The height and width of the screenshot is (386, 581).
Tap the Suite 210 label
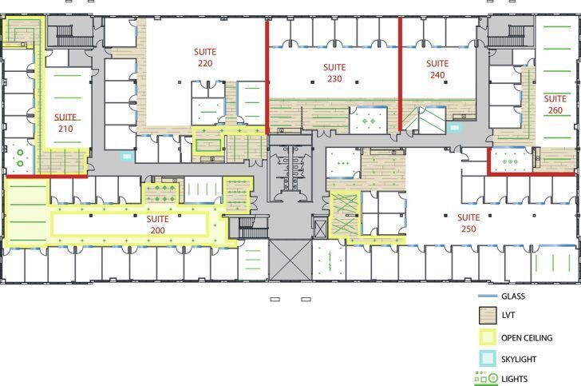pyautogui.click(x=65, y=122)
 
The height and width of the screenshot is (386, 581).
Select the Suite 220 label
pyautogui.click(x=205, y=58)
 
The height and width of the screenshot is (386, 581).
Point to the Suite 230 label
pyautogui.click(x=334, y=74)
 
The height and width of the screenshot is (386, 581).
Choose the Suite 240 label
pyautogui.click(x=437, y=70)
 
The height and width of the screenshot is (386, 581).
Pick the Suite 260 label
pyautogui.click(x=555, y=105)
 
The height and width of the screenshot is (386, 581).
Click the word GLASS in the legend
pyautogui.click(x=514, y=296)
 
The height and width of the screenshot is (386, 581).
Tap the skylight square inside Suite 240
pyautogui.click(x=455, y=127)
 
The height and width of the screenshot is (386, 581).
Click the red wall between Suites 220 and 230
pyautogui.click(x=266, y=76)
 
